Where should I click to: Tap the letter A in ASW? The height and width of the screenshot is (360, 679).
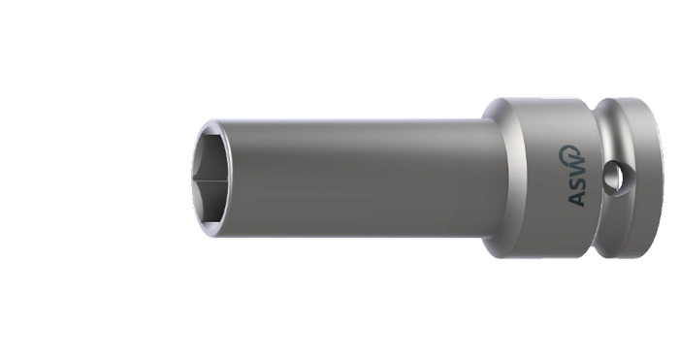coord(576,197)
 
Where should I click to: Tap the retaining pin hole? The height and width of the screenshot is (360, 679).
coord(614,178)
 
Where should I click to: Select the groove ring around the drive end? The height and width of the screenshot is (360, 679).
coord(605,178)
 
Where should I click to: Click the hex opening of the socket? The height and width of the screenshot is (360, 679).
coord(210,178)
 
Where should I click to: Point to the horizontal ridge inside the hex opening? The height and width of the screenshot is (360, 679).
coord(210,178)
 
